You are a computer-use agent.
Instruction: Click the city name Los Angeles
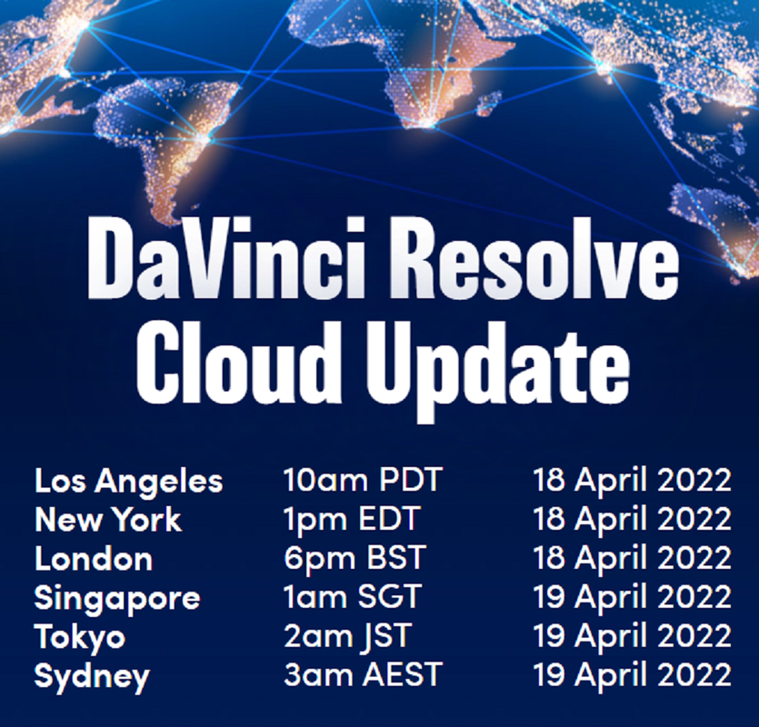click(129, 482)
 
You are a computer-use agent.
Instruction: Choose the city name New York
click(108, 520)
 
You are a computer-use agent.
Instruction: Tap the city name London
click(94, 559)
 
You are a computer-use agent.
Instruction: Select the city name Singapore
click(116, 600)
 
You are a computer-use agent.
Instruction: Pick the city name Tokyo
click(80, 638)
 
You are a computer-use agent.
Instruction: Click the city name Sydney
click(92, 677)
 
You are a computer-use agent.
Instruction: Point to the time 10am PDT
click(363, 480)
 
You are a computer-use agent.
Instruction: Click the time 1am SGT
click(352, 597)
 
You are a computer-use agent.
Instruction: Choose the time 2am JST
click(347, 636)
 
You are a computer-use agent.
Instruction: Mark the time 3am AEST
click(363, 674)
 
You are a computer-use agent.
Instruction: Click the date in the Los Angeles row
click(632, 482)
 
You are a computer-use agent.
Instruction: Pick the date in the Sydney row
click(632, 676)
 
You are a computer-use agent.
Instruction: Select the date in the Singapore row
click(632, 598)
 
